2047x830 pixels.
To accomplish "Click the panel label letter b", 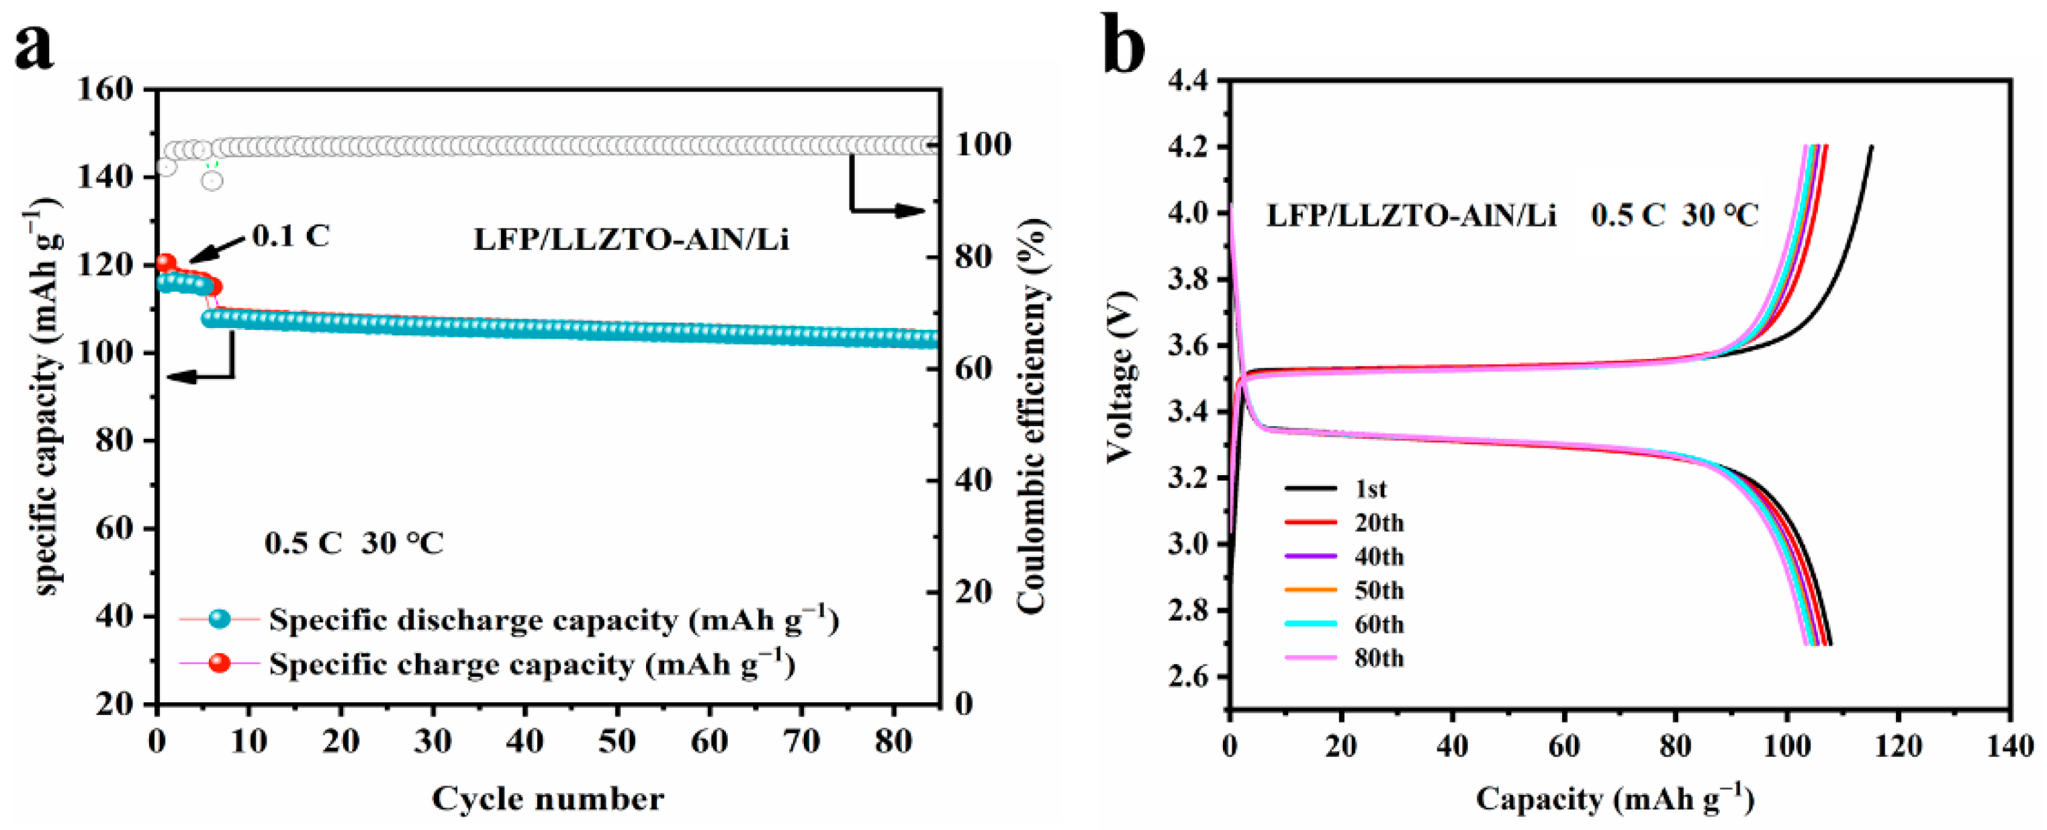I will click(x=1124, y=48).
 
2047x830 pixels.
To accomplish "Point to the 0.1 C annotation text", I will click(x=290, y=236).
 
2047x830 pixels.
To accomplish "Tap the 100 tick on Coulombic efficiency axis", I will click(x=983, y=144).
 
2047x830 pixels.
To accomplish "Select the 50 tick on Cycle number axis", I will click(x=617, y=742).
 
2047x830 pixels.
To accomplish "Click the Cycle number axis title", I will click(x=547, y=798).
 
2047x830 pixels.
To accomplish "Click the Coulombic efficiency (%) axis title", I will click(x=1032, y=416).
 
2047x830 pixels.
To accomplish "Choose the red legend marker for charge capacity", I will click(x=220, y=662).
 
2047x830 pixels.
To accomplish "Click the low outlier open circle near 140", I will click(x=212, y=181).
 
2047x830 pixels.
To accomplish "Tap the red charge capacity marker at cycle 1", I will click(x=165, y=262).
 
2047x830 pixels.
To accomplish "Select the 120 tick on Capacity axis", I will click(x=1899, y=746).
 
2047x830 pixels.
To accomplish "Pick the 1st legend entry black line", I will click(x=1310, y=488).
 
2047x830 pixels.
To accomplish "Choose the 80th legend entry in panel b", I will click(x=1379, y=658).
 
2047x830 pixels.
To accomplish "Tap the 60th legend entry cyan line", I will click(x=1310, y=624).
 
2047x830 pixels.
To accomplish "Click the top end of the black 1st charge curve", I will click(x=1872, y=147).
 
